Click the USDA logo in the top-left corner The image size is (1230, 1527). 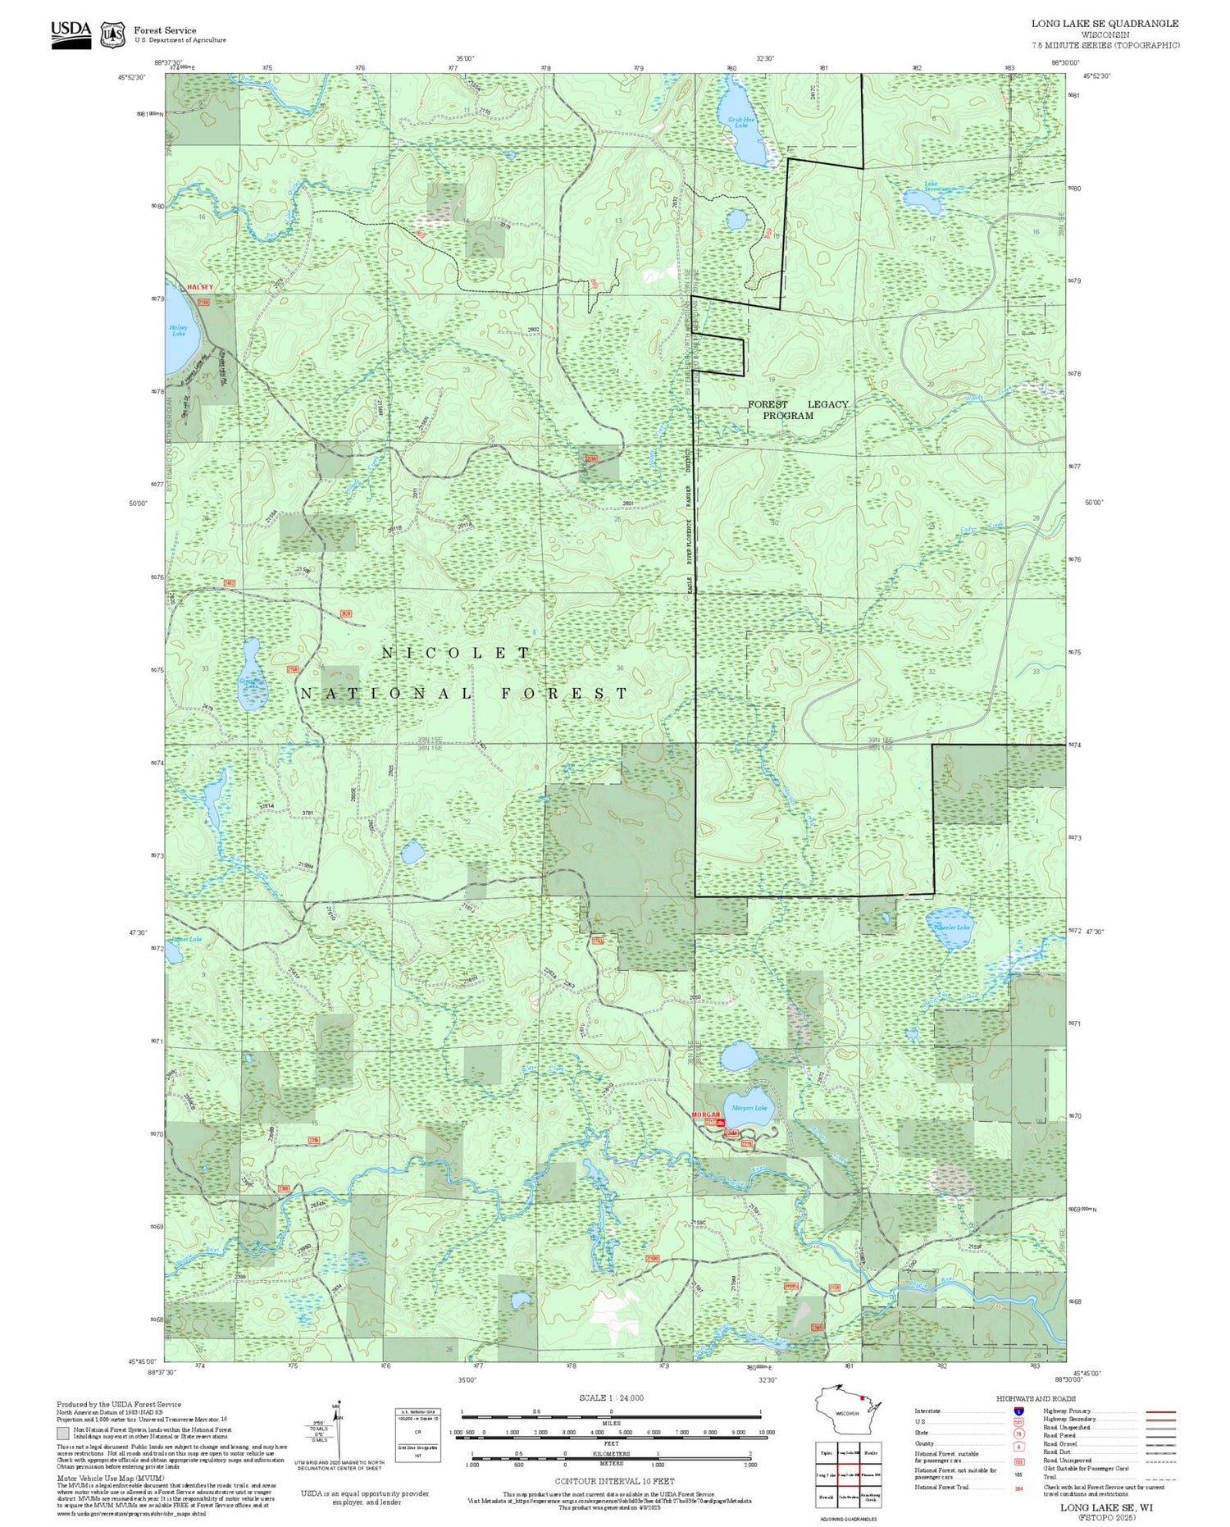(71, 34)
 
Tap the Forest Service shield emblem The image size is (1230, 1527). (112, 34)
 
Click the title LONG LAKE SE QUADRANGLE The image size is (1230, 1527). (1105, 24)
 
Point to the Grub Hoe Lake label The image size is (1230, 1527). (741, 122)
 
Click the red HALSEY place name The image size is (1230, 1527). (200, 287)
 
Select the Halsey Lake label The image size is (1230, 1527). (179, 330)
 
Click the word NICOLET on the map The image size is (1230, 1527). (457, 653)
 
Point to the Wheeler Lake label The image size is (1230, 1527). (952, 927)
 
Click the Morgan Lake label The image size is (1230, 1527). (749, 1108)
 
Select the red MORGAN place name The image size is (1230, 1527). (705, 1115)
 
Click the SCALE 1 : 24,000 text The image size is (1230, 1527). (611, 1397)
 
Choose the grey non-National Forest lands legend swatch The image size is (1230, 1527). (63, 1434)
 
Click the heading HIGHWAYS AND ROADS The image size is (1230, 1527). (1036, 1398)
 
